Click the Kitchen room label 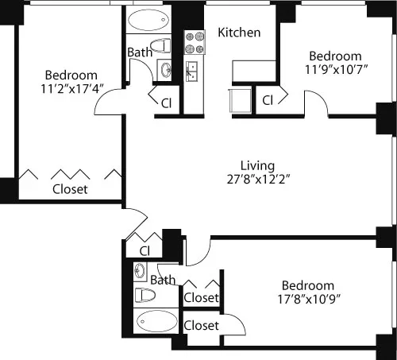coord(239,33)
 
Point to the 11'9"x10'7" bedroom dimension coord(334,70)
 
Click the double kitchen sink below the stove coord(191,71)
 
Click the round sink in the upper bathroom coord(165,70)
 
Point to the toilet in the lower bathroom coord(145,296)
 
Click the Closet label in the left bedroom coord(70,190)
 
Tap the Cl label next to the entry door coord(145,251)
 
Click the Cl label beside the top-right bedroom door coord(268,100)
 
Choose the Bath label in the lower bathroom coord(163,280)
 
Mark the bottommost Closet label coord(201,325)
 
